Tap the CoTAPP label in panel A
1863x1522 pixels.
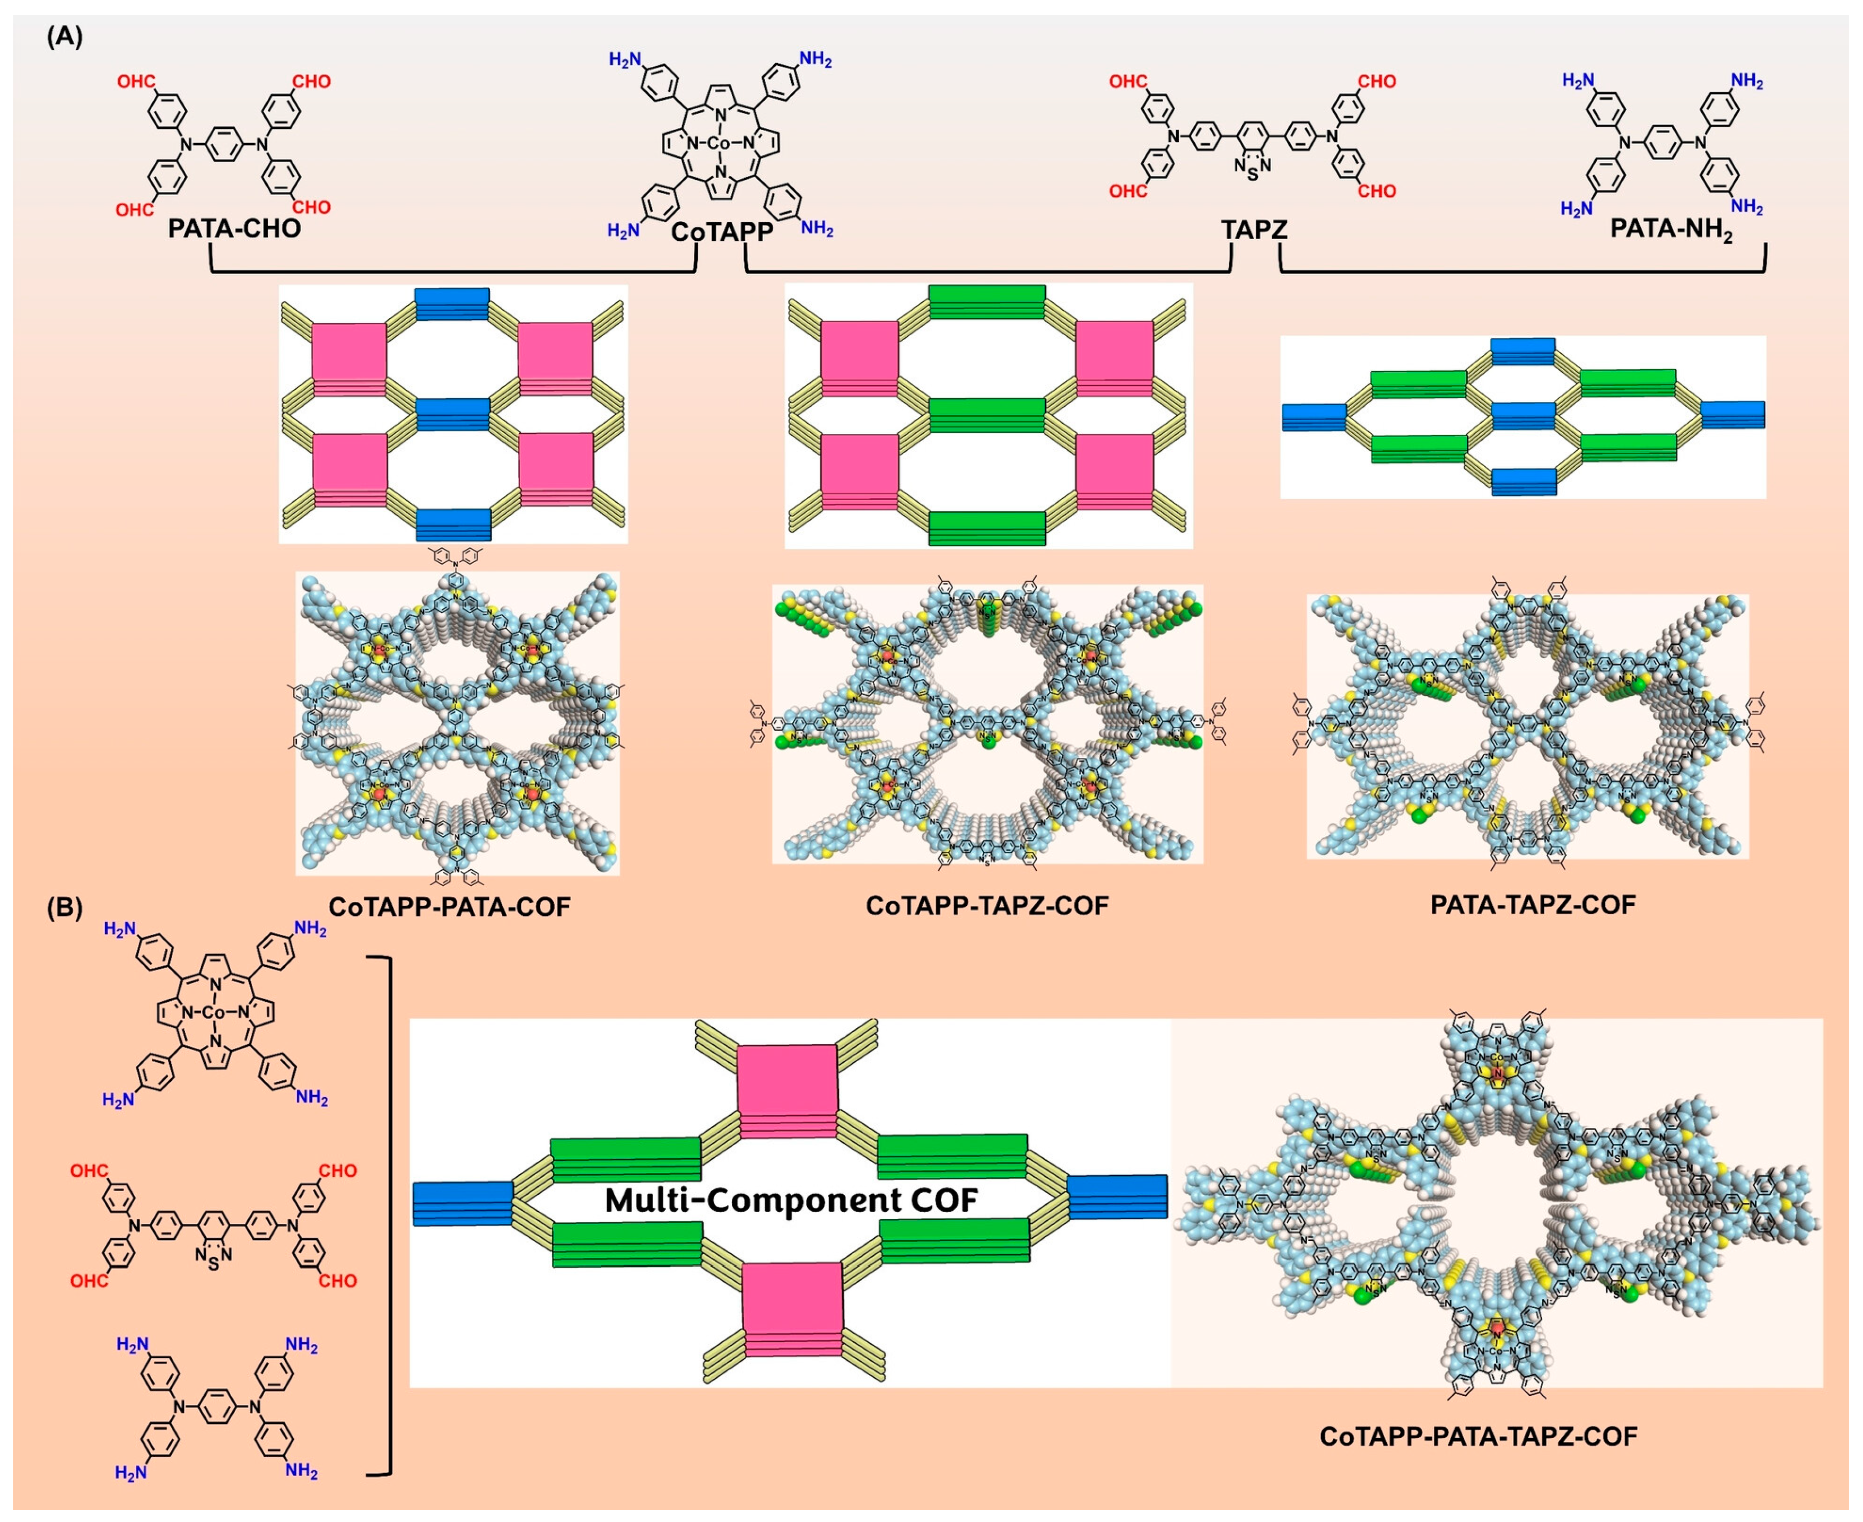(722, 232)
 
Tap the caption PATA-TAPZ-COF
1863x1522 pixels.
(1533, 905)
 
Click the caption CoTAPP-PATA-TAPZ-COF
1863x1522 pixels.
(1478, 1436)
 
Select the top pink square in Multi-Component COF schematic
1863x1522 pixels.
(786, 1080)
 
